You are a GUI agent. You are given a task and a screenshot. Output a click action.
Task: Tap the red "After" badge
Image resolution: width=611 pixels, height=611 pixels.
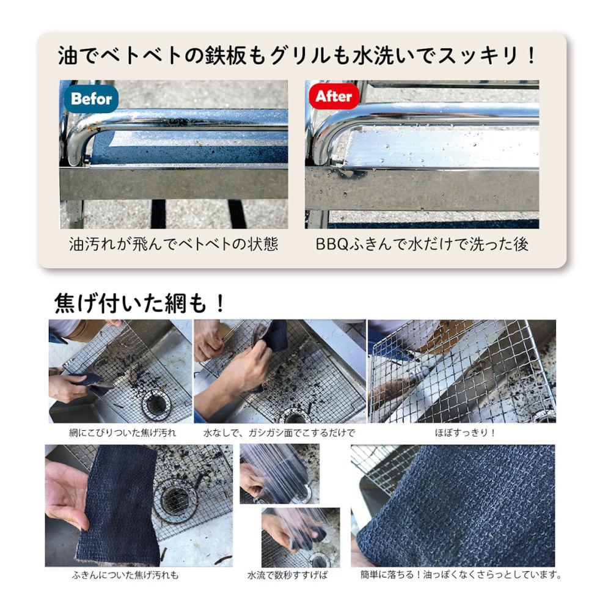click(x=334, y=96)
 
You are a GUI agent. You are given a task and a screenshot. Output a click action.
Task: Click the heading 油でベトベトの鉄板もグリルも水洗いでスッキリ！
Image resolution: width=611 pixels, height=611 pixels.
click(x=298, y=55)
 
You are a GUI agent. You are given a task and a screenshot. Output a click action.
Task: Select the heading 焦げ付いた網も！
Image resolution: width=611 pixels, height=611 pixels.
click(x=140, y=302)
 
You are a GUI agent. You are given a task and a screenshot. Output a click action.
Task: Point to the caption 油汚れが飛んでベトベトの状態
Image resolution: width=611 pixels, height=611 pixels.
click(x=174, y=244)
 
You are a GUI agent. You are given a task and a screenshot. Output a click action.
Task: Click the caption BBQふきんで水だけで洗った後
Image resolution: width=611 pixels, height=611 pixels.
click(x=422, y=244)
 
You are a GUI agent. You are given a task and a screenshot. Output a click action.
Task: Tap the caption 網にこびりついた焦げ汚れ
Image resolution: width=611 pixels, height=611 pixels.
click(x=122, y=433)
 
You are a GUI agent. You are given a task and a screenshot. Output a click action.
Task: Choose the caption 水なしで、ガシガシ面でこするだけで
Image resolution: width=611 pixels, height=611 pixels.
click(x=279, y=433)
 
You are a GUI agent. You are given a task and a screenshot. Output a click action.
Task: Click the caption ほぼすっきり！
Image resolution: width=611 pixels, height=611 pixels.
click(x=465, y=433)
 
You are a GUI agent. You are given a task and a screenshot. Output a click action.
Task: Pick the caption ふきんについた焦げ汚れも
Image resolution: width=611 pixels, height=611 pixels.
click(x=125, y=574)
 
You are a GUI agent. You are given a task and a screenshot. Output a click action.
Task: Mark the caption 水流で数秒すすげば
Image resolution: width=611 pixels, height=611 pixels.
click(x=288, y=574)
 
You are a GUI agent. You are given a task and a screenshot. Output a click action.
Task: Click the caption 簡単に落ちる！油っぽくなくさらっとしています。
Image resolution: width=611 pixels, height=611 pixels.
click(x=461, y=574)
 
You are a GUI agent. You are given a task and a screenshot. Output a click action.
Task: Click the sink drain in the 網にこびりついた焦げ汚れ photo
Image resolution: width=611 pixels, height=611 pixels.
click(x=156, y=403)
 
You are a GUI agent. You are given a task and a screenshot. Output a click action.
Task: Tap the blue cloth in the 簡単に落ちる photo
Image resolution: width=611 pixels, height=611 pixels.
click(x=456, y=507)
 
